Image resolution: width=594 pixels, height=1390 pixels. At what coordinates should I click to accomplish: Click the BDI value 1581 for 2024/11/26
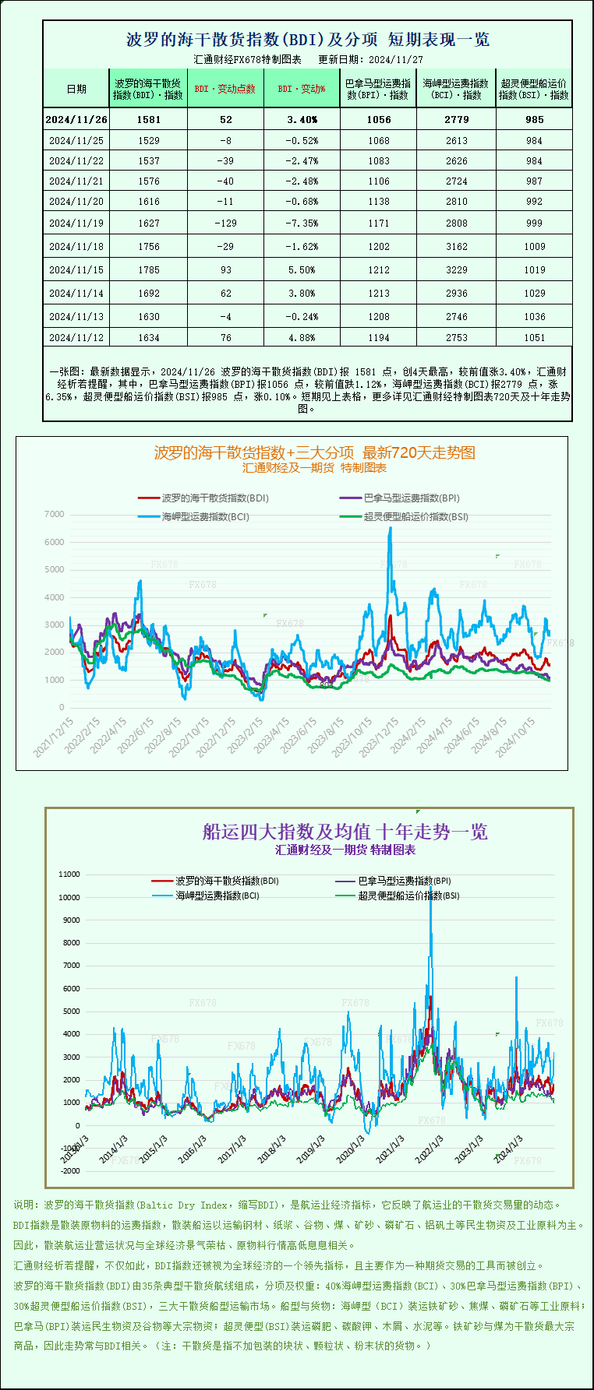[x=148, y=119]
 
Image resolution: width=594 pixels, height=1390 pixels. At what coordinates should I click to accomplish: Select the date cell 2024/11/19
[x=76, y=223]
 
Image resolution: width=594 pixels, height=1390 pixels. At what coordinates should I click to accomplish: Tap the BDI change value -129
[x=225, y=223]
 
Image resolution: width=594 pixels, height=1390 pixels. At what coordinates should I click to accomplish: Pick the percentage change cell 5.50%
[x=302, y=269]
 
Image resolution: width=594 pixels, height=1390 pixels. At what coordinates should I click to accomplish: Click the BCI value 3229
[x=456, y=269]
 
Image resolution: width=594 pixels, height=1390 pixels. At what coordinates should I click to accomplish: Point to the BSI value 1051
[x=534, y=337]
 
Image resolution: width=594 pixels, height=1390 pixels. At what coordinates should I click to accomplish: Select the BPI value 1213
[x=378, y=293]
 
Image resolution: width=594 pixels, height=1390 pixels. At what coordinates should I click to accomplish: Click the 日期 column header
[x=76, y=89]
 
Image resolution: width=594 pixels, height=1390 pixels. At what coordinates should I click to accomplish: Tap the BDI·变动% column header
[x=302, y=89]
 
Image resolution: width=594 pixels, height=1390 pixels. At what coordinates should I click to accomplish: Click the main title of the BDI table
[x=308, y=40]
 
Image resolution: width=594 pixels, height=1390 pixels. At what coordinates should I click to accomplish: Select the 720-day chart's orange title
[x=314, y=452]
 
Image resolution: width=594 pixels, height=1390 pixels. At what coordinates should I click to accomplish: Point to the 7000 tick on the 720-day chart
[x=55, y=514]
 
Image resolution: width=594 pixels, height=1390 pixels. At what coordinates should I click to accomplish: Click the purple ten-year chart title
[x=345, y=832]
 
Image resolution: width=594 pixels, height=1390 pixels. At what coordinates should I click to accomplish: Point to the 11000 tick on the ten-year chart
[x=69, y=874]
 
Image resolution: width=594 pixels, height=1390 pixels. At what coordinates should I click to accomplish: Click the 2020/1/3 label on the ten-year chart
[x=351, y=1149]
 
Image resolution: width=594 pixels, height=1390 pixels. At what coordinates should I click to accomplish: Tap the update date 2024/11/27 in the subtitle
[x=396, y=59]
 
